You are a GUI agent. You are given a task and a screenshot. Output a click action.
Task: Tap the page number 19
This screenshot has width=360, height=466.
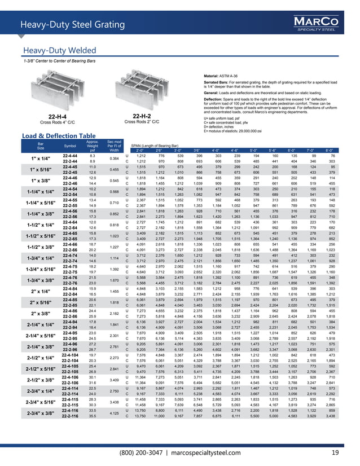[335, 452]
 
